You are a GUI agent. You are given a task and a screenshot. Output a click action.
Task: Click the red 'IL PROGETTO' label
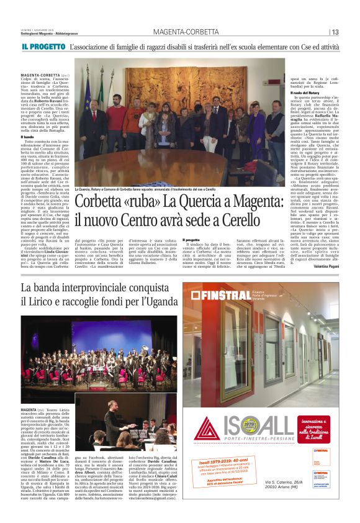pos(43,47)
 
